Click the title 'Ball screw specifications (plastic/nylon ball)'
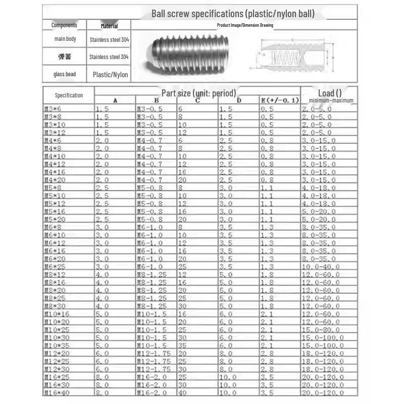233,14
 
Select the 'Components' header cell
64,25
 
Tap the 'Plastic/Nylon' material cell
110,75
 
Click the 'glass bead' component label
64,74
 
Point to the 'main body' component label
65,39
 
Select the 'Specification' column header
69,95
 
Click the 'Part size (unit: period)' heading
198,93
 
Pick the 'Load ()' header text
329,93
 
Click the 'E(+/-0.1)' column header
280,100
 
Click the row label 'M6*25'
55,266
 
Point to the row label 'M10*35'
57,345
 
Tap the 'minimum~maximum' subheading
331,100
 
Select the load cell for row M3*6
317,109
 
